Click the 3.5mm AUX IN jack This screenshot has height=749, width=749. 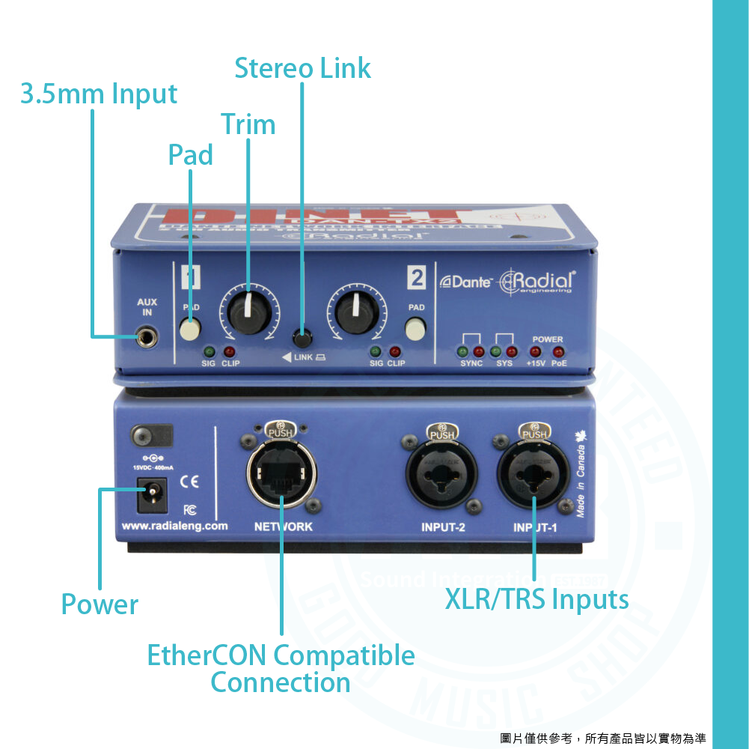(x=148, y=337)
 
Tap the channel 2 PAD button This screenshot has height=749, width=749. (x=415, y=329)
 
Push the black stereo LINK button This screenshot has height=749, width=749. (x=302, y=335)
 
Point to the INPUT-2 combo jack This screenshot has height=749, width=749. (x=441, y=476)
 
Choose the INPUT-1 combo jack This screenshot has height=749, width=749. (x=534, y=476)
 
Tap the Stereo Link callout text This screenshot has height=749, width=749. (x=302, y=68)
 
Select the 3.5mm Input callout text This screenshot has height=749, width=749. (x=99, y=94)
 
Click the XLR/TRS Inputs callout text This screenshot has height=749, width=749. (x=536, y=599)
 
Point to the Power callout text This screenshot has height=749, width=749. (x=100, y=604)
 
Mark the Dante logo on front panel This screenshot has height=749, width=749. (x=465, y=282)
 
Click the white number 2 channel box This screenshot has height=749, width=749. (x=416, y=278)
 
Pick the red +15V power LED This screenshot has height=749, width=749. (x=535, y=351)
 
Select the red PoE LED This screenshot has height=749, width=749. (x=558, y=351)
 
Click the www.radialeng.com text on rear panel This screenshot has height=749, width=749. (x=174, y=526)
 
